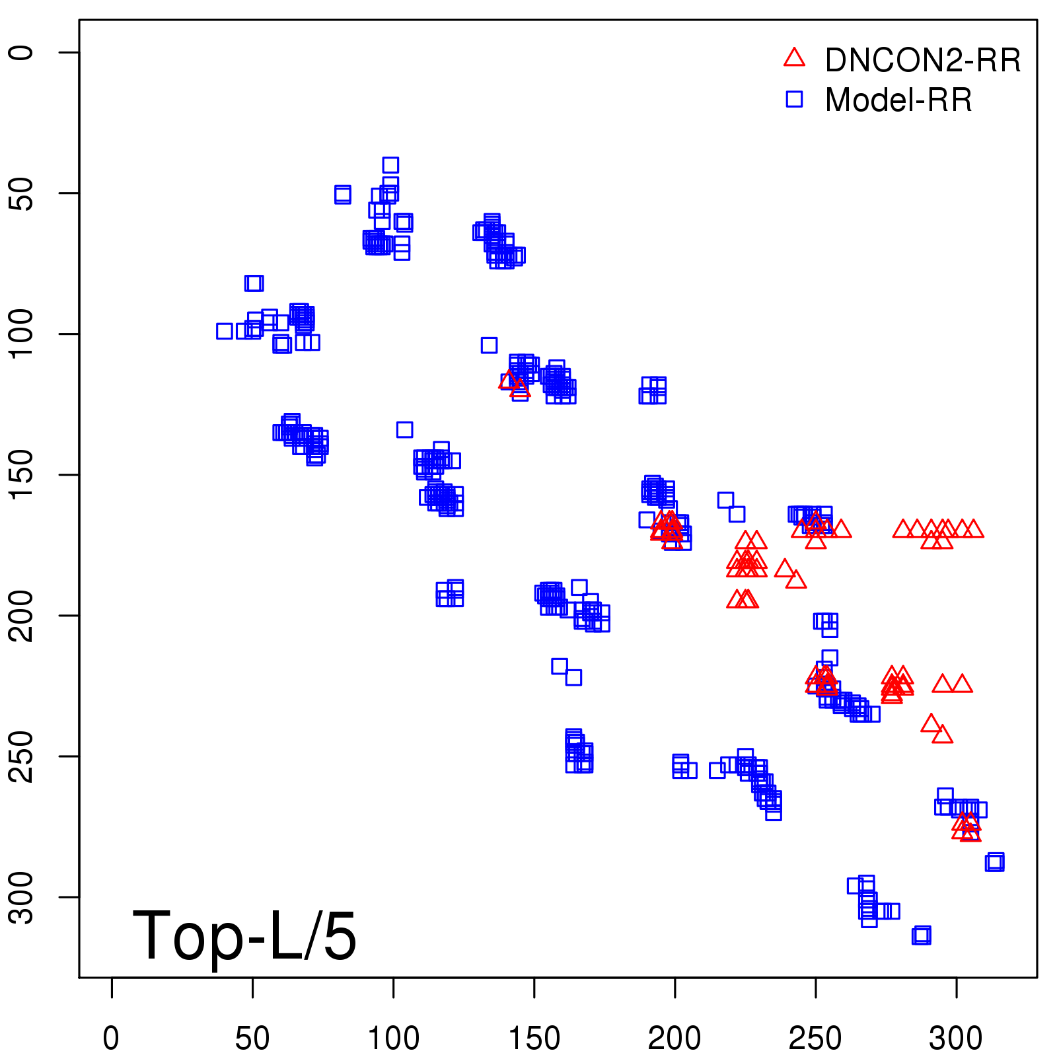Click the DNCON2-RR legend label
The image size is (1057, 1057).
(x=922, y=60)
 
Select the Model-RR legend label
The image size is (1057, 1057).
(x=898, y=100)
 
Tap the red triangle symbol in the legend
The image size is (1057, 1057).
(x=794, y=58)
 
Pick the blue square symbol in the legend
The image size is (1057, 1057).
(x=794, y=99)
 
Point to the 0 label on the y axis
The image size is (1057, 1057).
(x=22, y=53)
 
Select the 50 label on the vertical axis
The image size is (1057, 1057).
(x=22, y=193)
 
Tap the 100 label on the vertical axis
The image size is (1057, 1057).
(x=22, y=334)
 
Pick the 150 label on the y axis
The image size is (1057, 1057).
(x=22, y=474)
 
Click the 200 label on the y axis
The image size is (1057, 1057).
(x=22, y=615)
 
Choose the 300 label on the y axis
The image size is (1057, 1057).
(x=22, y=896)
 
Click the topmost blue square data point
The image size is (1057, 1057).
(x=390, y=165)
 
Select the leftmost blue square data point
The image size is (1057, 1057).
(x=225, y=331)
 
